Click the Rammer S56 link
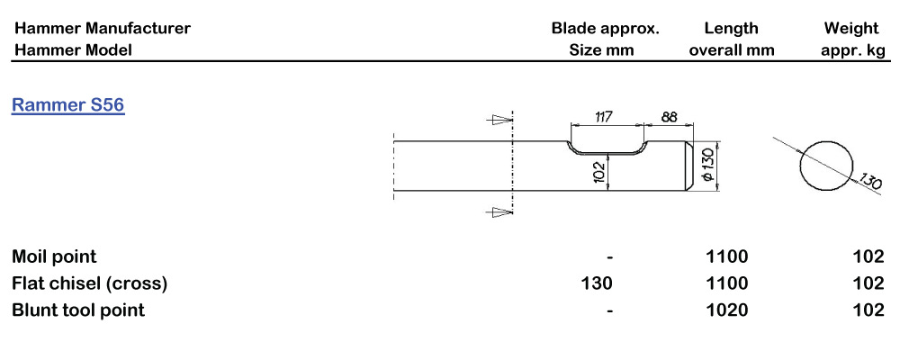[x=67, y=106]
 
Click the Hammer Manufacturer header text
[x=102, y=29]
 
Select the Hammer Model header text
[x=72, y=50]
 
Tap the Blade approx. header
[x=605, y=29]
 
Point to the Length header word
[x=731, y=29]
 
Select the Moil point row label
[x=54, y=257]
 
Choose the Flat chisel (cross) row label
[x=89, y=283]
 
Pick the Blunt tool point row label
[x=78, y=310]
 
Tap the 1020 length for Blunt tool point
[x=727, y=310]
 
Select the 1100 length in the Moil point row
[x=727, y=257]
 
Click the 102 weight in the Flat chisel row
[x=868, y=283]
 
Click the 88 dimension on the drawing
[x=669, y=117]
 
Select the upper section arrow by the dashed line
[x=498, y=120]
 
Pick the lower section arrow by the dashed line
[x=498, y=212]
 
